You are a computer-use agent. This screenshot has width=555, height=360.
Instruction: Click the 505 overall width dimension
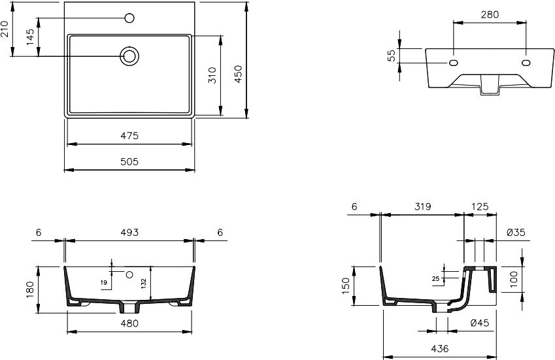pos(129,161)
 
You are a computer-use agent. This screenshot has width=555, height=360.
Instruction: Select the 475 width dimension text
pos(129,136)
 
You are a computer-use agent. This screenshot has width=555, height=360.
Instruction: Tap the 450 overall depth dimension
pos(238,74)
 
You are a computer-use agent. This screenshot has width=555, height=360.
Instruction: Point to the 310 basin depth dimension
pos(212,75)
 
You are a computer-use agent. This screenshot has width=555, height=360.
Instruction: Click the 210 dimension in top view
pos(4,29)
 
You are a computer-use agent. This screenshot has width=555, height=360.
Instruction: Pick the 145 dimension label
pos(31,37)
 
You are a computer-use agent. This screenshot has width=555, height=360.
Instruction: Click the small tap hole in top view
pos(129,18)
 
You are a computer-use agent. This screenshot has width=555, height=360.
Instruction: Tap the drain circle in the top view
pos(129,56)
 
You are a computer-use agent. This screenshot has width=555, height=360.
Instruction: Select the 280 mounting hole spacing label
pos(490,14)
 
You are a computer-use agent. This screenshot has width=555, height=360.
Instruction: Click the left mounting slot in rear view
pos(454,63)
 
